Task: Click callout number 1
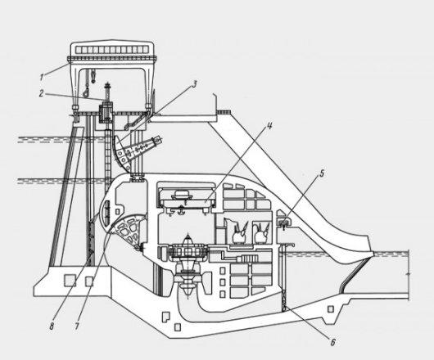coord(42,77)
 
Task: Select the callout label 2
coord(41,94)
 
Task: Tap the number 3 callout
coord(195,84)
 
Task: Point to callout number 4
coord(269,126)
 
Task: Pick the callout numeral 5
coord(322,173)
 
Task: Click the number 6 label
coord(332,342)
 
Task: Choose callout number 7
coord(77,326)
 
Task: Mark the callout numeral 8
coord(52,326)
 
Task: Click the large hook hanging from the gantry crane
coord(86,92)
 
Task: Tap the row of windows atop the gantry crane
coord(112,49)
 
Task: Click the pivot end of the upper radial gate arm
coord(158,140)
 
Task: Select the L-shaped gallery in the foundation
coord(165,317)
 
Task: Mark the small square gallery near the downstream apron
coord(331,309)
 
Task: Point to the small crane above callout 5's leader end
coord(283,222)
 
